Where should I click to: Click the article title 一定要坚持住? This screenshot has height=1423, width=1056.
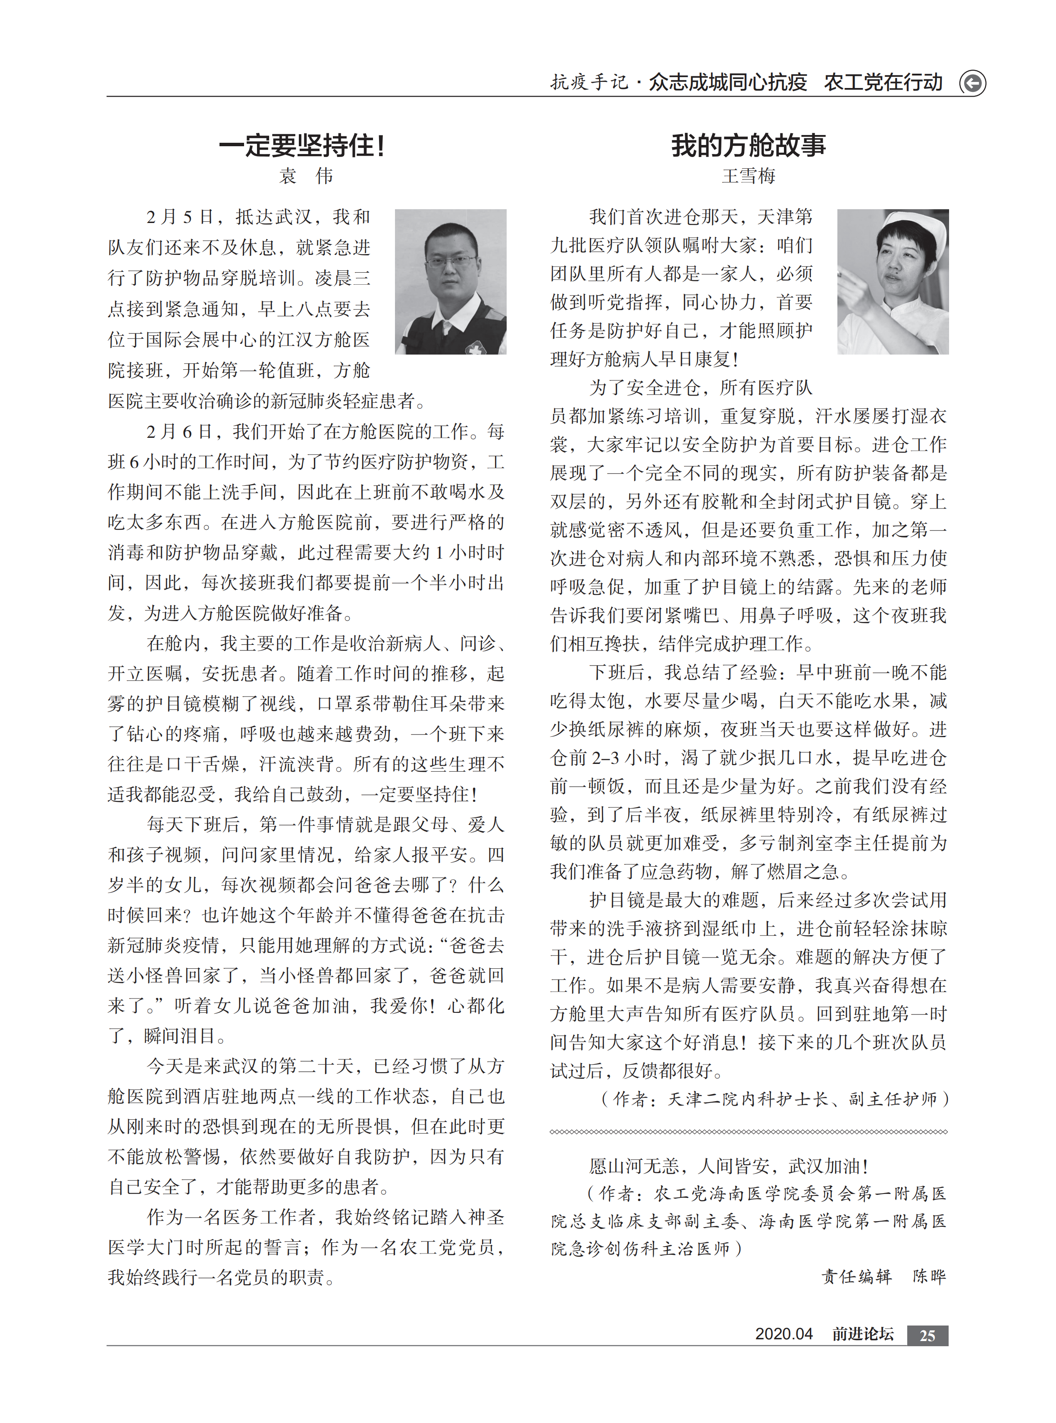tap(302, 146)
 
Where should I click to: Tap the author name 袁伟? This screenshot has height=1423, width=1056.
tap(306, 176)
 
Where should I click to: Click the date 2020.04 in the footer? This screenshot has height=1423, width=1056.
tap(783, 1334)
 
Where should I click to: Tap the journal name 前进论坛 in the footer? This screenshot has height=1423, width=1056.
tap(862, 1334)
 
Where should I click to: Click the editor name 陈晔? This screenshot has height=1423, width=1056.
tap(929, 1276)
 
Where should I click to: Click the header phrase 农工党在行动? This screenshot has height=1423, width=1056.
tap(883, 82)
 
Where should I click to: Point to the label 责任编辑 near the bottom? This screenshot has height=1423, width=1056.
tap(856, 1276)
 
